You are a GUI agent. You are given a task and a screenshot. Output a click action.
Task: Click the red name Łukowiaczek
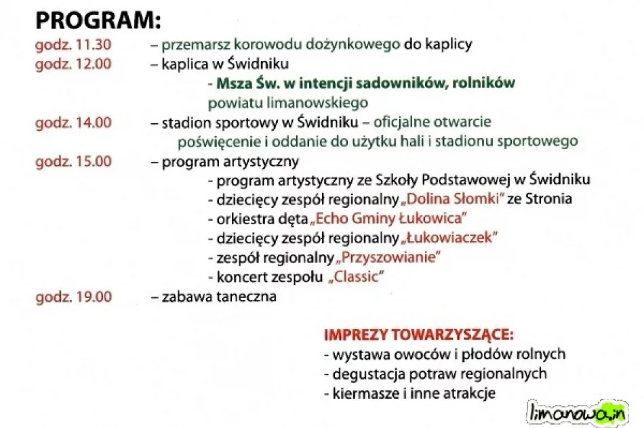[450, 238]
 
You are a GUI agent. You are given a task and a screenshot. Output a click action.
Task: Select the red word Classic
[357, 277]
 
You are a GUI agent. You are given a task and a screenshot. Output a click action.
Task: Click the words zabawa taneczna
[218, 297]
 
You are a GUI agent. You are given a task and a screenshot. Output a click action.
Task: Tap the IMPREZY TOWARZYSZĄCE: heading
[418, 335]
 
